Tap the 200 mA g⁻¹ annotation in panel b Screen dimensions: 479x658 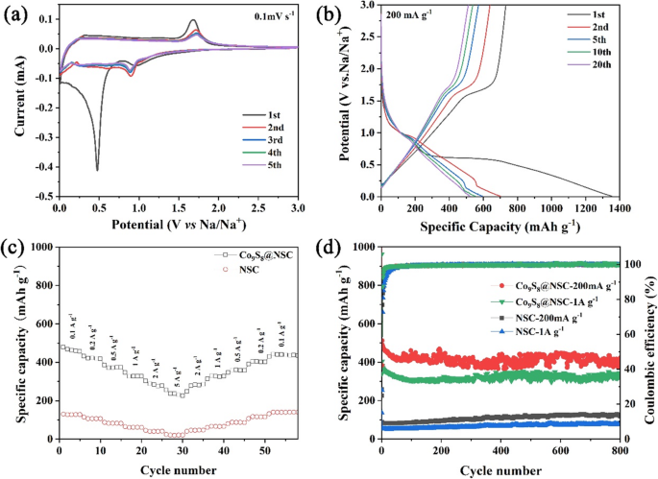[414, 16]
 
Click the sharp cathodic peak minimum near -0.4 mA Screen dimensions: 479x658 [97, 169]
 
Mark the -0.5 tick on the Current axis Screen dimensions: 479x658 [43, 196]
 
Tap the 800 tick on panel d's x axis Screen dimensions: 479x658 [620, 450]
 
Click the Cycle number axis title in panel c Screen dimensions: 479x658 [179, 468]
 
